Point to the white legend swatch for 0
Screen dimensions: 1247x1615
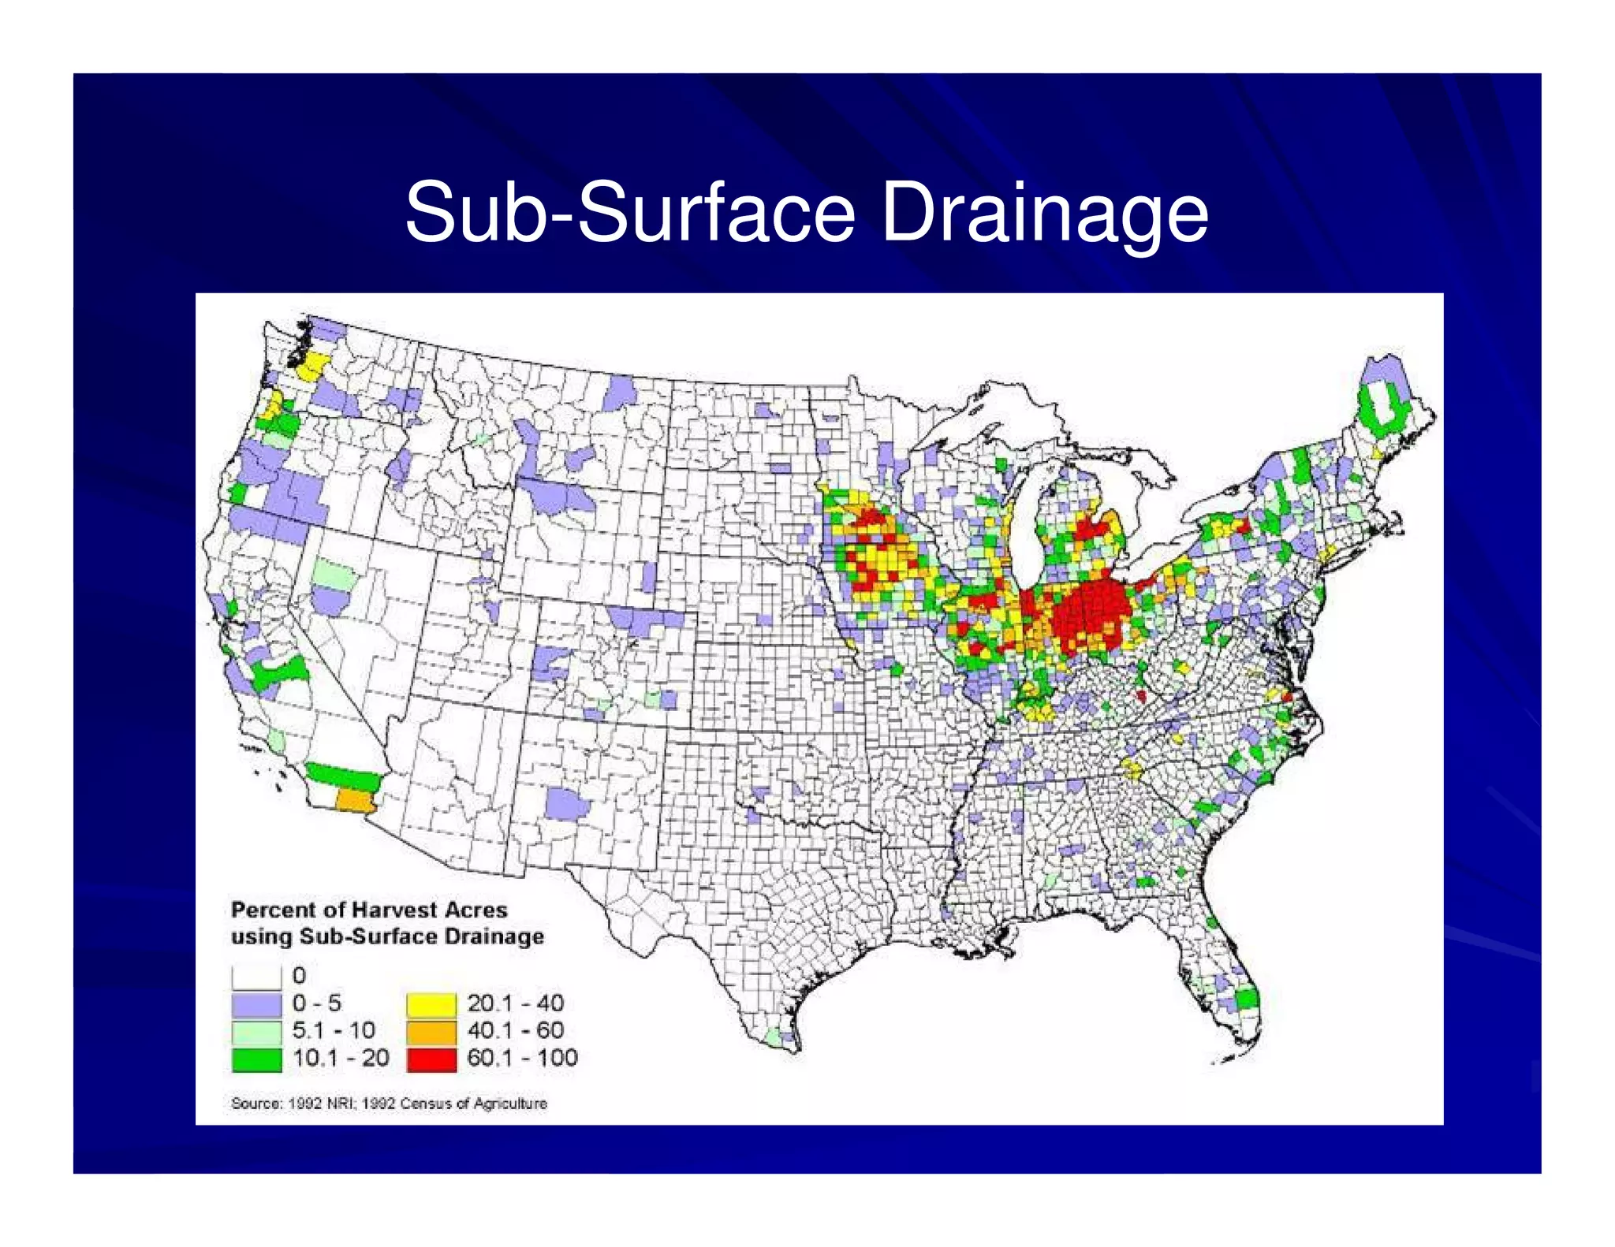point(256,977)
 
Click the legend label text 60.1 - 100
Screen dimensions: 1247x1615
point(522,1058)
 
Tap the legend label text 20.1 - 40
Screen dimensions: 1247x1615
point(515,1003)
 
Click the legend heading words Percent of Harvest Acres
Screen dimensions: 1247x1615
point(368,910)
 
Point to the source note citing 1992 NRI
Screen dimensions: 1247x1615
point(389,1103)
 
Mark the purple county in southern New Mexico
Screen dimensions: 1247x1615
point(567,805)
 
